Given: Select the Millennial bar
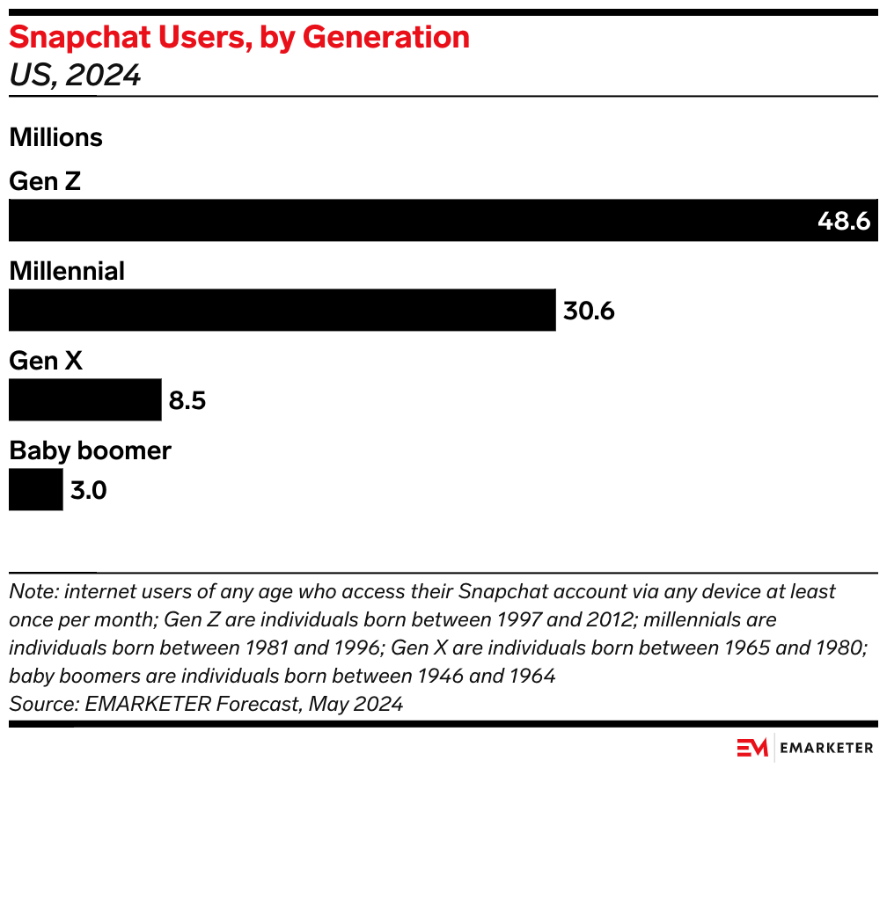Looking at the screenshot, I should (282, 310).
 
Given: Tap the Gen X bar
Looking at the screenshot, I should (84, 400).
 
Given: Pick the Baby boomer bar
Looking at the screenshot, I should (35, 489).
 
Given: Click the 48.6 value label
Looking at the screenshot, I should (843, 221).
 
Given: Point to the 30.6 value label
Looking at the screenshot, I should (588, 311).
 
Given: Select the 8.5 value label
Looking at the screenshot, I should (187, 401).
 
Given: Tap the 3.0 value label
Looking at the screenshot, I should (88, 490).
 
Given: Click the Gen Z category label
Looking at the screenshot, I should (45, 181).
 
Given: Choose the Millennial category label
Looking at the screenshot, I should (67, 271).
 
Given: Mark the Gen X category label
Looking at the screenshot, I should (45, 361).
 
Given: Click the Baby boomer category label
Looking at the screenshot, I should (90, 450).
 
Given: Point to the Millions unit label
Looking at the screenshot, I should (55, 138).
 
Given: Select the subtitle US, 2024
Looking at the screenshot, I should (75, 76).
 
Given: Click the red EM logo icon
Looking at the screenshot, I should (752, 748).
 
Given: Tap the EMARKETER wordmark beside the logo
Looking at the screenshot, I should (826, 748).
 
